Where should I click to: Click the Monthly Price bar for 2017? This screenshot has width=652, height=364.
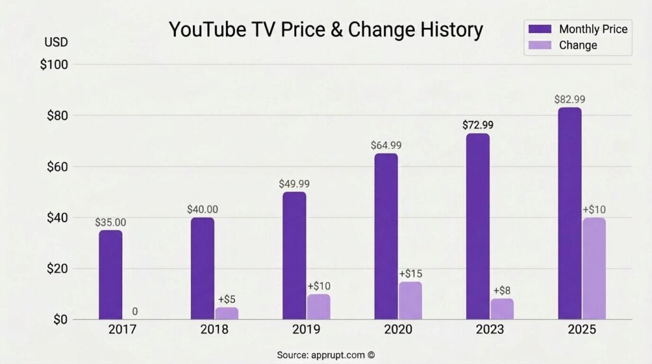click(x=110, y=274)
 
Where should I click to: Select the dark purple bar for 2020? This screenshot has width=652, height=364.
click(x=386, y=236)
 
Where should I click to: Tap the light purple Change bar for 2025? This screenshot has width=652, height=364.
click(x=593, y=268)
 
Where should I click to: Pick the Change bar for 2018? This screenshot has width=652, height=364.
click(x=226, y=313)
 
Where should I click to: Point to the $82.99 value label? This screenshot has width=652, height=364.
click(x=569, y=99)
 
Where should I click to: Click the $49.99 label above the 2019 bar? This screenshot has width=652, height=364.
click(x=294, y=184)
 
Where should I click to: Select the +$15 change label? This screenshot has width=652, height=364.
click(x=410, y=274)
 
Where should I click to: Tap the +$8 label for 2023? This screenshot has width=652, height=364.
click(x=502, y=291)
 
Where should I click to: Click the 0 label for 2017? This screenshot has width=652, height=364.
click(x=135, y=312)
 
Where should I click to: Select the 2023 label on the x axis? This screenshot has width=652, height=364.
click(x=489, y=330)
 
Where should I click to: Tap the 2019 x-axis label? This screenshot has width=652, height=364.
click(x=306, y=330)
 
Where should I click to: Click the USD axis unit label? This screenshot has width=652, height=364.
click(x=55, y=43)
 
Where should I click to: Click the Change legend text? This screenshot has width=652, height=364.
click(x=578, y=45)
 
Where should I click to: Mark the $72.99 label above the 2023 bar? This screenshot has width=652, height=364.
click(x=478, y=125)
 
